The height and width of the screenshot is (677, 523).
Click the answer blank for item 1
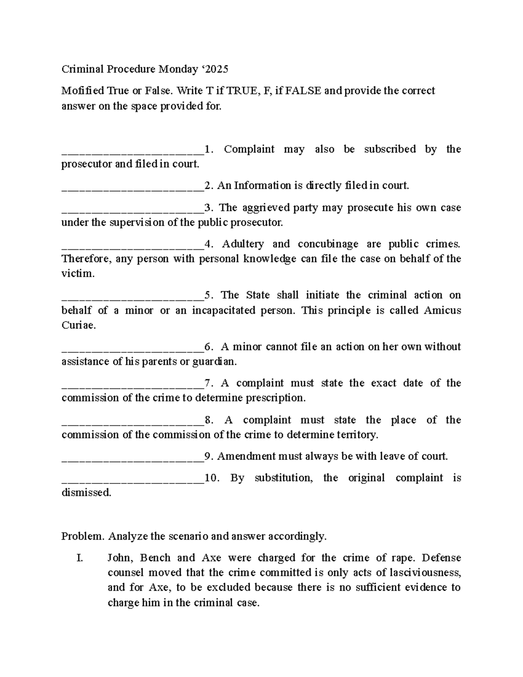132,152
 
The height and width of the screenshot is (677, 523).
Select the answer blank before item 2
132,189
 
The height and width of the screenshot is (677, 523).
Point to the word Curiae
78,326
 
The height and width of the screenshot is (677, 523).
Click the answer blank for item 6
132,350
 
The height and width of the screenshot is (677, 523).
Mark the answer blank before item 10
132,481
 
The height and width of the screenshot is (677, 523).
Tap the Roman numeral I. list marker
79,558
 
